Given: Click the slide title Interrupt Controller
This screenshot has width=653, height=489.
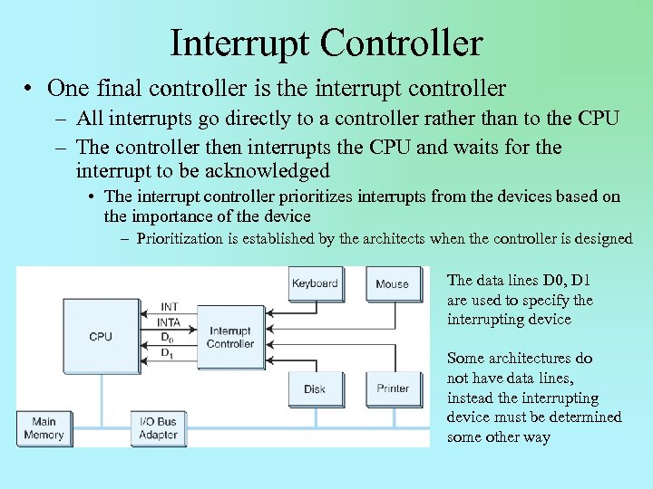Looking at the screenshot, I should tap(326, 43).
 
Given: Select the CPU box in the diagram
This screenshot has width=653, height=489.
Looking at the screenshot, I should tap(100, 336).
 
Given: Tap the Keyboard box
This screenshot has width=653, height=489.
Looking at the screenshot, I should tap(315, 283).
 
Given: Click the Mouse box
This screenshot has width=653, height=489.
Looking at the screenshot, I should tap(392, 283).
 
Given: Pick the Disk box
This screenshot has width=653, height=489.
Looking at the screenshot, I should tap(315, 388).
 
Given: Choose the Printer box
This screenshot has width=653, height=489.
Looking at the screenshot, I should tap(393, 388).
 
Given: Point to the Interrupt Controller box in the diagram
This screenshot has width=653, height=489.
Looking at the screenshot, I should tap(230, 338).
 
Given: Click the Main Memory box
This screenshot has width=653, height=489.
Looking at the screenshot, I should tap(44, 428).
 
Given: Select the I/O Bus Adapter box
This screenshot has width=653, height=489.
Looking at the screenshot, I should tap(159, 428).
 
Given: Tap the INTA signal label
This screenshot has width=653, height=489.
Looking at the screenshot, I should tap(170, 321).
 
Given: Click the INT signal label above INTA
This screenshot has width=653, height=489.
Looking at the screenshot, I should tap(169, 307).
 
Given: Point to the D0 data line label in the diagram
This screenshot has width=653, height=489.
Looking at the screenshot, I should tap(167, 338).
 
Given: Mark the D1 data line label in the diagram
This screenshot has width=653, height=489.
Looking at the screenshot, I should tap(167, 353).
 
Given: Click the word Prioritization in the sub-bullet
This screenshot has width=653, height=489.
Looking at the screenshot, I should tap(180, 239).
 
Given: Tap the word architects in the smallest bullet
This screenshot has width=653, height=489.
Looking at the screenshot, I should tap(375, 239).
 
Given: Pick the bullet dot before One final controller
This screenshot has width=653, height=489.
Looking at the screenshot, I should tap(30, 89).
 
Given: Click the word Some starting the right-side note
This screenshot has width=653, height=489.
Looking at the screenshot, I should tap(466, 359).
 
